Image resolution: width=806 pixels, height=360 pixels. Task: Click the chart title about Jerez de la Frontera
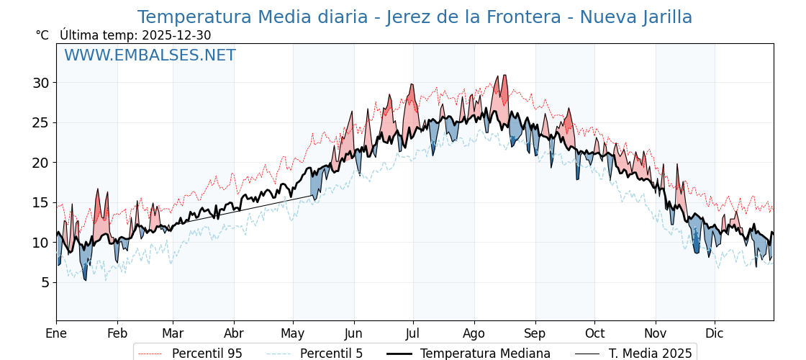click(415, 17)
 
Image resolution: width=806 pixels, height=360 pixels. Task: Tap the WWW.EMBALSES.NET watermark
click(150, 55)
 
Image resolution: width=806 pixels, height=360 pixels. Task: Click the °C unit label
click(42, 35)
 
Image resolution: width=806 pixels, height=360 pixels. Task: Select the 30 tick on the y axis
click(40, 83)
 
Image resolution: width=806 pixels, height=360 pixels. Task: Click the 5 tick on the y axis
click(45, 282)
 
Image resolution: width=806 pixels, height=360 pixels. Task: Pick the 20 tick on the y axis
click(40, 163)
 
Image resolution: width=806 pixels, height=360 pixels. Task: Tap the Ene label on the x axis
click(56, 333)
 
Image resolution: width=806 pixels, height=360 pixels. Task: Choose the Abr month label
click(234, 333)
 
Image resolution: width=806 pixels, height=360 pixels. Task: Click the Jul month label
click(413, 333)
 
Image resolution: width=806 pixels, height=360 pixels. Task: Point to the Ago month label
click(474, 333)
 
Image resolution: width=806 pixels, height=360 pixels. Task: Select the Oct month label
click(594, 333)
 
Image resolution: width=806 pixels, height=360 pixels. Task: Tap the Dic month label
click(715, 333)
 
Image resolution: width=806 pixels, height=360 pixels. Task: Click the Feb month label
click(117, 333)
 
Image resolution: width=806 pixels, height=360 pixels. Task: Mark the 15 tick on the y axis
click(40, 202)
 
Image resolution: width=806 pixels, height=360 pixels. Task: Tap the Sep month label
click(535, 333)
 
